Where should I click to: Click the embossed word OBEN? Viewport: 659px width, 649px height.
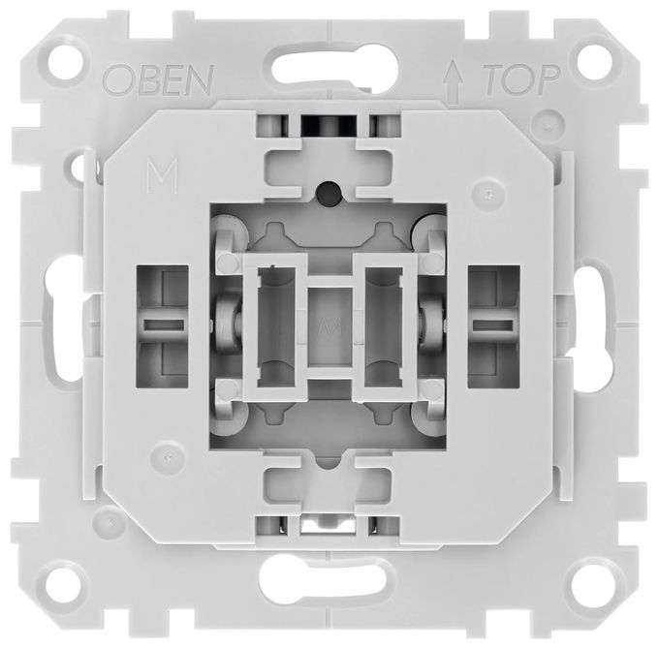point(158,80)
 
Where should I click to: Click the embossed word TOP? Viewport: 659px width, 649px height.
point(522,79)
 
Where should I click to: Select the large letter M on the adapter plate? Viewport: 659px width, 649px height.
point(163,175)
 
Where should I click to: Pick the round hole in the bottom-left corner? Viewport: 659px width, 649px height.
point(64,586)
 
